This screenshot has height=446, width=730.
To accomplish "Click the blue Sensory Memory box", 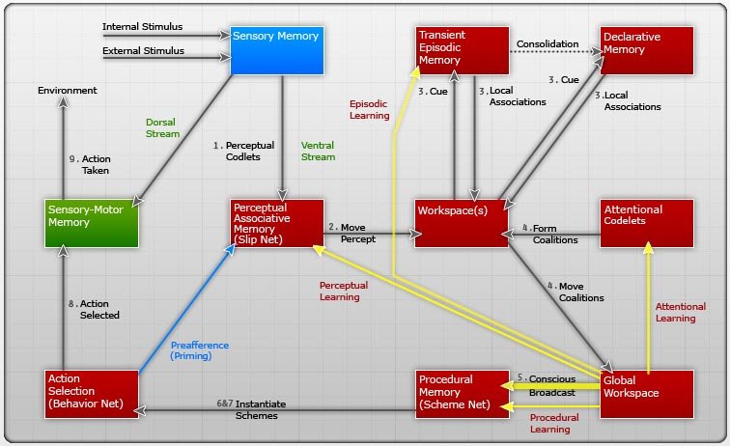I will point(277,50).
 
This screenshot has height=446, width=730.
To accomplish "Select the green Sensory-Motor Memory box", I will point(92,223).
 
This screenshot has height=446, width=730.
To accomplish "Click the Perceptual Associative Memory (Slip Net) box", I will point(276,223).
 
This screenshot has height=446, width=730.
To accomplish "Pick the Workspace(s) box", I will point(461,223).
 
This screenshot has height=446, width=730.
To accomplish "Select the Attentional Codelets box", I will point(647,223).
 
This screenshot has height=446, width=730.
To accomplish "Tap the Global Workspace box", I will point(647,394).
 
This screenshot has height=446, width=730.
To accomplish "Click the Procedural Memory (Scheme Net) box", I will point(461,394).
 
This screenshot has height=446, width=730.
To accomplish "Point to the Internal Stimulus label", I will point(142,26).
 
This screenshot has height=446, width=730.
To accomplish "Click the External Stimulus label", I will point(142,50).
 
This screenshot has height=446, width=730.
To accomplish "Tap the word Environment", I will point(68,90).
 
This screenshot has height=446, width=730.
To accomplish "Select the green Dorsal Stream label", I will point(162,128).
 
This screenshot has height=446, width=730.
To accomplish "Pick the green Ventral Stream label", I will point(318,151).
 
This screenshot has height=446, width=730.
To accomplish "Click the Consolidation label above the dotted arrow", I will point(547,43).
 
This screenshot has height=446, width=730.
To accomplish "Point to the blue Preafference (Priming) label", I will point(197,350).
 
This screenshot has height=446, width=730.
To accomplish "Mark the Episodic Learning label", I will point(369,109).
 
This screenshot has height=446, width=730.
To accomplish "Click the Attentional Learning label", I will point(681,312).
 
